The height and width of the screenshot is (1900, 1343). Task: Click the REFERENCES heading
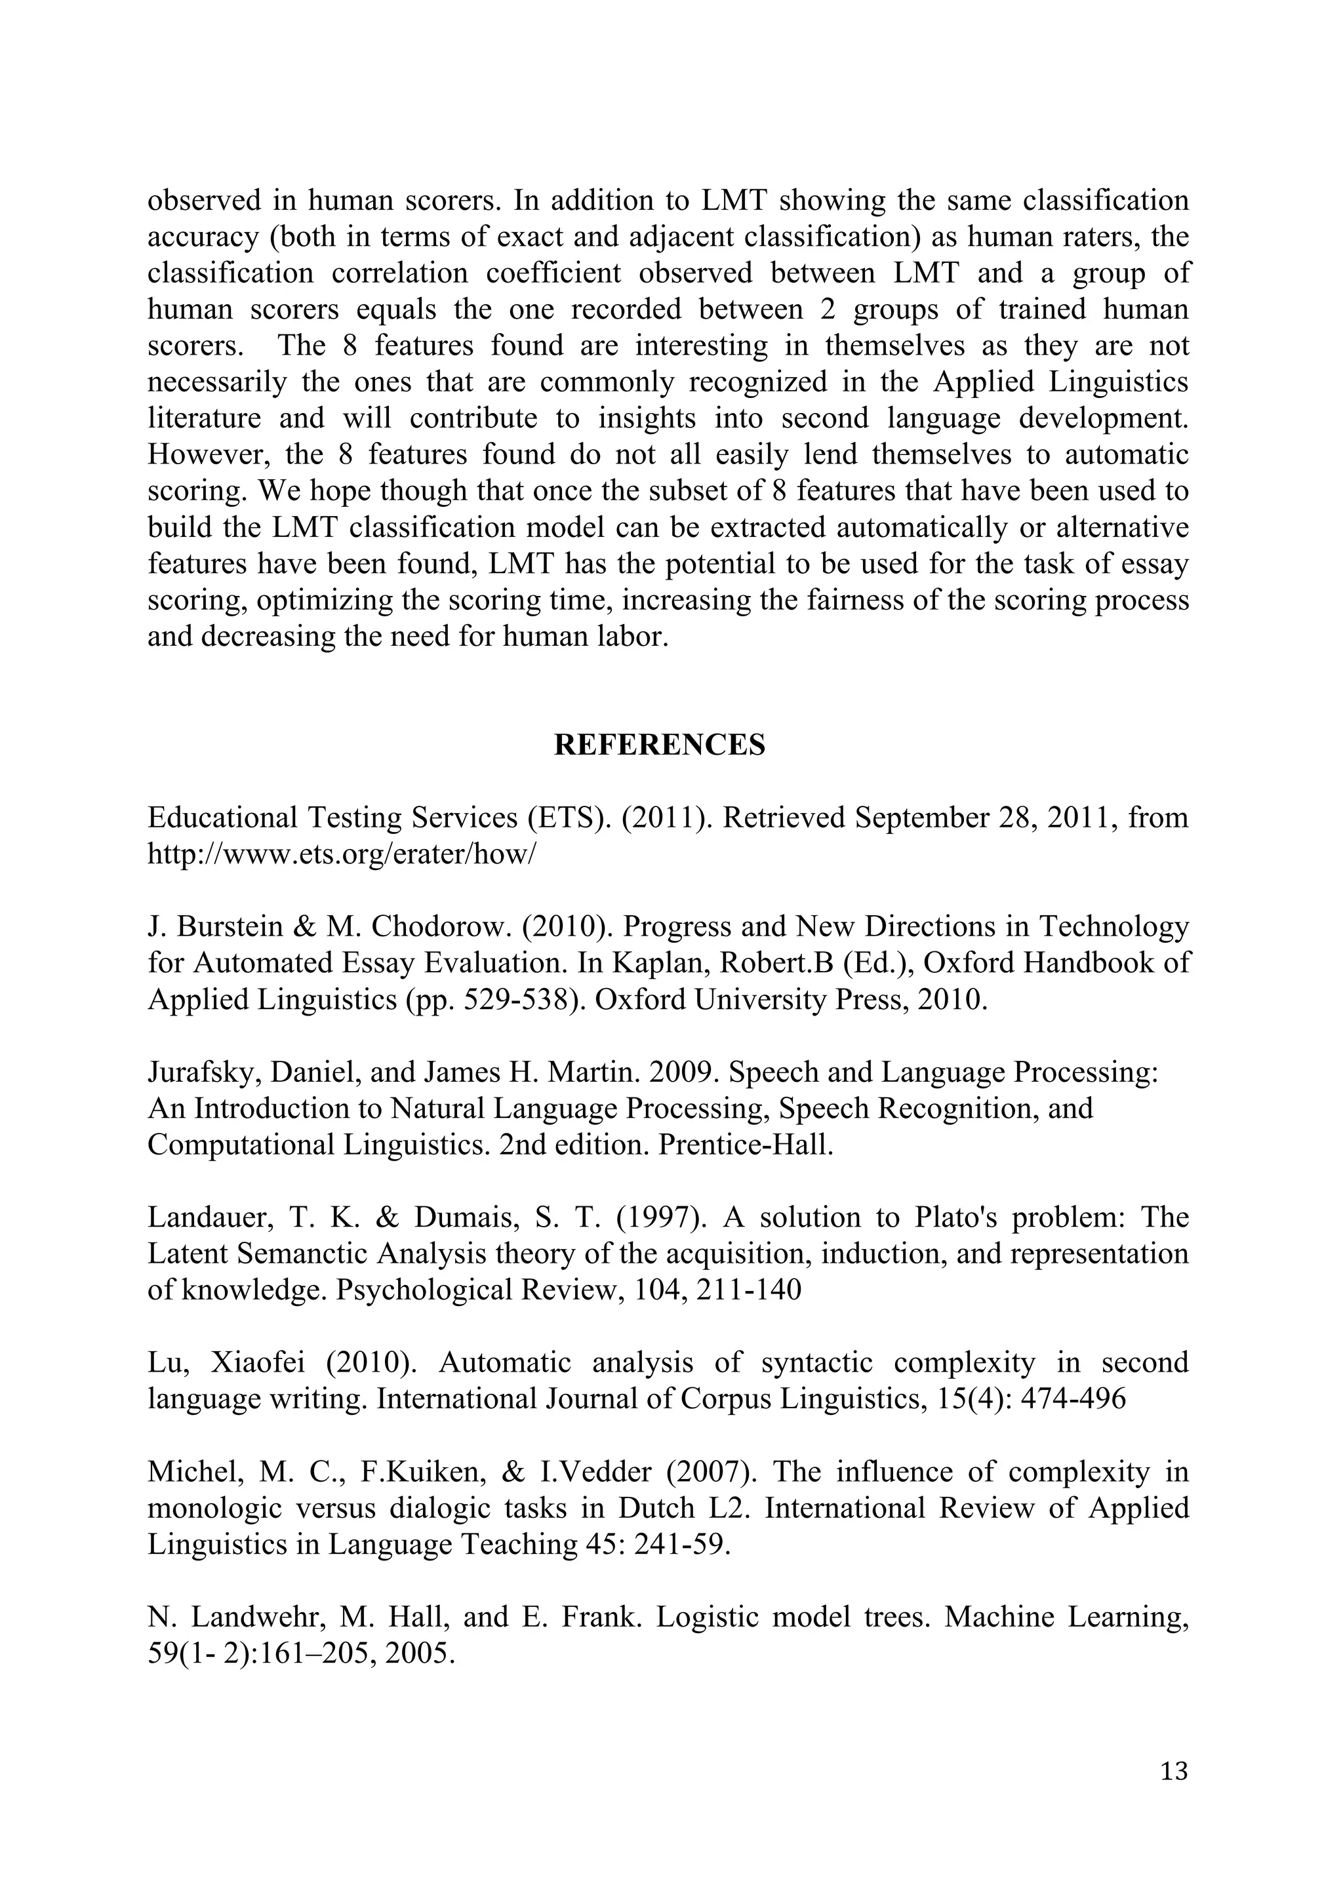pyautogui.click(x=660, y=745)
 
